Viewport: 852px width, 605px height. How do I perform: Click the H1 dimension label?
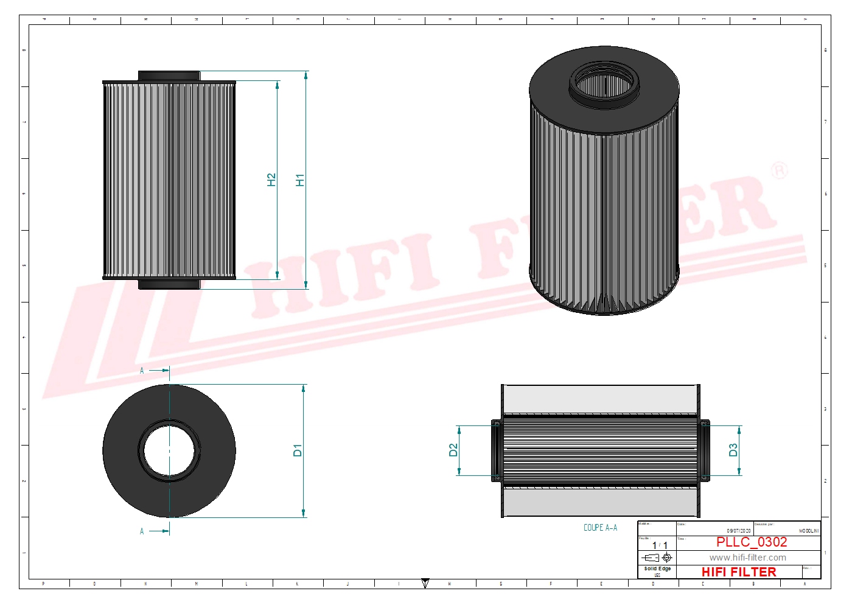(299, 180)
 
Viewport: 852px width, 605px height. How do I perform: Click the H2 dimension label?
(271, 180)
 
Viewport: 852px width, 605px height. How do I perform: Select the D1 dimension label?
(297, 450)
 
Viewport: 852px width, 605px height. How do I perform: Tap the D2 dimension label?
(453, 450)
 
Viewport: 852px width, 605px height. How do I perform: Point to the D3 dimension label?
(733, 450)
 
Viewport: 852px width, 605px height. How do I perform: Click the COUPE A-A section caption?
(600, 528)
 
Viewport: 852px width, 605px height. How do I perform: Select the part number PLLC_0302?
(752, 542)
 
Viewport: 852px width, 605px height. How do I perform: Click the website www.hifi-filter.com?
(747, 558)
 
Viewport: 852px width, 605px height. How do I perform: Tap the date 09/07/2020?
(738, 531)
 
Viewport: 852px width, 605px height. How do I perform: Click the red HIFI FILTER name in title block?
(739, 572)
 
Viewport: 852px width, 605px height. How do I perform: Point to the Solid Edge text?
(657, 568)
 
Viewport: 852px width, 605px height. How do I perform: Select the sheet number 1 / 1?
(660, 545)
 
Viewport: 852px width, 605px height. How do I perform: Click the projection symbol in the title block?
(657, 558)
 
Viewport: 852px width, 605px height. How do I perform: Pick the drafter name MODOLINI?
(808, 531)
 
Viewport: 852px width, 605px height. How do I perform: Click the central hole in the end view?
(169, 451)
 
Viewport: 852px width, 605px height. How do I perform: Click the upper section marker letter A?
(142, 371)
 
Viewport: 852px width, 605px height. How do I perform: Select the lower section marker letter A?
(142, 531)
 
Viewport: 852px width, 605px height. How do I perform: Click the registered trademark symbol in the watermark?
(780, 170)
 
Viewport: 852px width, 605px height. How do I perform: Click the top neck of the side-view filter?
(169, 75)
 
